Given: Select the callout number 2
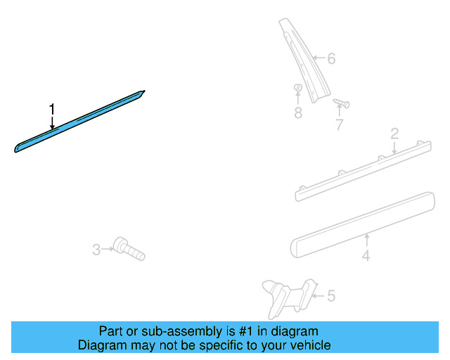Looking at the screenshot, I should (x=394, y=134).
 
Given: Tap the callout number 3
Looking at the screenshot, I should (x=96, y=248).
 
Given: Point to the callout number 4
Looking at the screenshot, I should (x=366, y=257).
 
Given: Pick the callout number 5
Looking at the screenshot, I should (x=330, y=296).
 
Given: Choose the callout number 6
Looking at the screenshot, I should (x=331, y=58).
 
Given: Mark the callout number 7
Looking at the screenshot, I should (x=340, y=125).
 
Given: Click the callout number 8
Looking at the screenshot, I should (x=298, y=112).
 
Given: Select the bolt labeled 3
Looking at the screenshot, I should (x=128, y=248).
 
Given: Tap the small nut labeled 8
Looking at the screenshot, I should (x=298, y=89).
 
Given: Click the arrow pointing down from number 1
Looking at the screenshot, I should (x=51, y=122).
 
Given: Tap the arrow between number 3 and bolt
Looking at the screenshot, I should (x=108, y=248).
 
